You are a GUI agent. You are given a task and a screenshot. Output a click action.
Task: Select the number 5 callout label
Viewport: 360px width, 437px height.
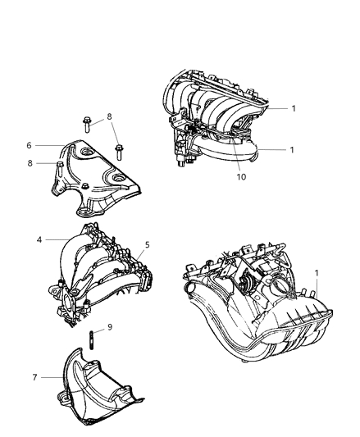pyautogui.click(x=148, y=244)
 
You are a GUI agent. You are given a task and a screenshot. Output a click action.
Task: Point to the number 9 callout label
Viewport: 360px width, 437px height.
pyautogui.click(x=110, y=327)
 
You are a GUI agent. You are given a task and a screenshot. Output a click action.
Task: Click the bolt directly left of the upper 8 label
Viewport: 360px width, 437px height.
pyautogui.click(x=88, y=125)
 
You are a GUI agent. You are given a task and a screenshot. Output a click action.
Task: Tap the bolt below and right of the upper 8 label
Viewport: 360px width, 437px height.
pyautogui.click(x=120, y=152)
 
